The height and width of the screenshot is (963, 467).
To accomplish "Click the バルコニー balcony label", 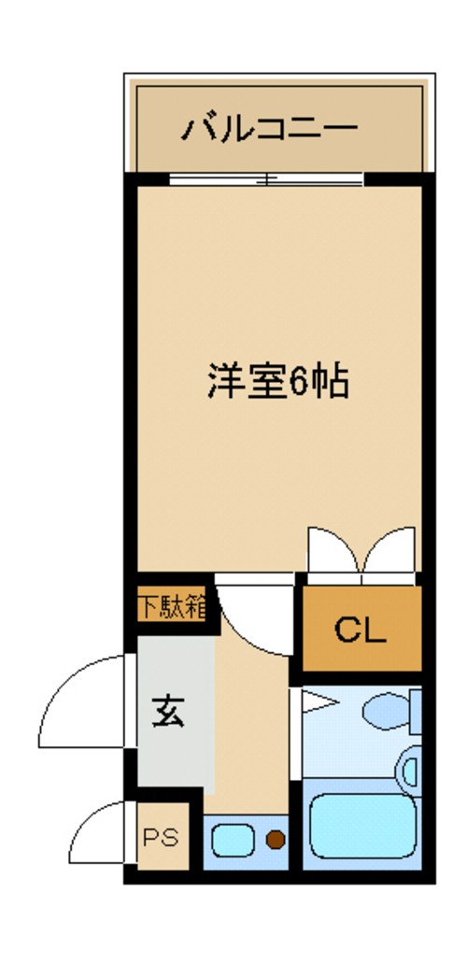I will click(269, 127).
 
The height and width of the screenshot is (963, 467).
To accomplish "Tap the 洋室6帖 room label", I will click(277, 381).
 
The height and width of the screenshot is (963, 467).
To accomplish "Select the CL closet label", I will click(360, 631).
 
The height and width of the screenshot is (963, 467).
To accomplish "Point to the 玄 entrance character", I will click(169, 712).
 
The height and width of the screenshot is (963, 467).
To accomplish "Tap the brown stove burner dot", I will click(275, 839).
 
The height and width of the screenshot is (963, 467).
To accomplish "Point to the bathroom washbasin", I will click(410, 772).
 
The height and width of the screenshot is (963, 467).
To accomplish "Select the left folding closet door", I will click(333, 551).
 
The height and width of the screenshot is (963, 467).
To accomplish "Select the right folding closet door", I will click(390, 551).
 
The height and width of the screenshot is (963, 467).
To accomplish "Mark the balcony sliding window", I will click(266, 180).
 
